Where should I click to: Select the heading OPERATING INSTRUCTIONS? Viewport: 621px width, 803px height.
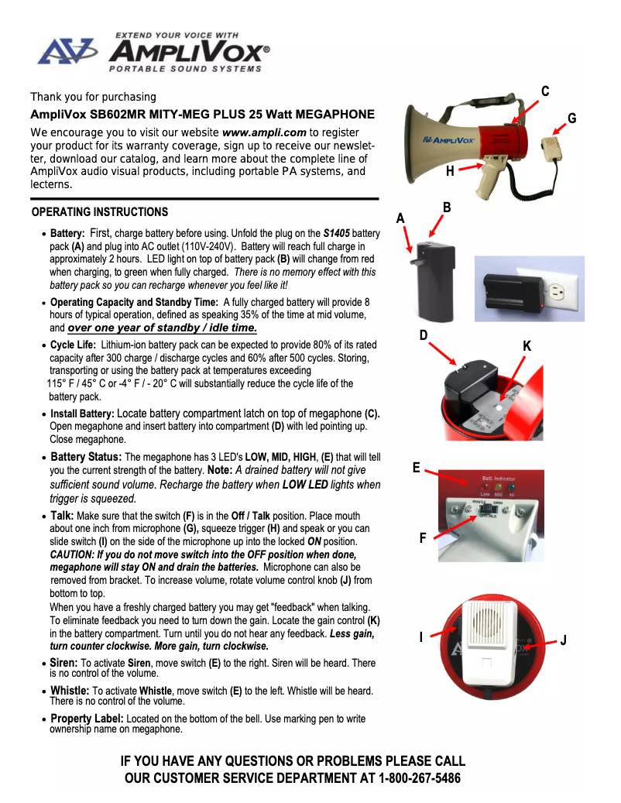point(100,212)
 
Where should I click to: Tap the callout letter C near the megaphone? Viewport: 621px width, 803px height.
point(545,91)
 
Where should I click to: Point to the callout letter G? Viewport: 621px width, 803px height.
point(571,118)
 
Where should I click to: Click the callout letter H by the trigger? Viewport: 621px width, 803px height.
point(450,172)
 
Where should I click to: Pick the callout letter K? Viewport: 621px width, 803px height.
point(527,346)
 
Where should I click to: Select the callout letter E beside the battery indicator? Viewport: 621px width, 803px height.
point(417,468)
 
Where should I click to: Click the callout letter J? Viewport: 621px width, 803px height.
point(564,640)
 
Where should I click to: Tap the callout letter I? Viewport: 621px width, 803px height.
point(420,637)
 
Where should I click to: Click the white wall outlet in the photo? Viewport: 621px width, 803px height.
point(545,290)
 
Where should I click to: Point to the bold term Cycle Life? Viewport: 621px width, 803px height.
point(74,345)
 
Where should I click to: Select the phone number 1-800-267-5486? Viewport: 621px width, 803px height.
point(420,777)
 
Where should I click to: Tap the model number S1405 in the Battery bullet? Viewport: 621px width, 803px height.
point(337,233)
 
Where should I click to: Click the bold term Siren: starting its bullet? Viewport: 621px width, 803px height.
point(63,663)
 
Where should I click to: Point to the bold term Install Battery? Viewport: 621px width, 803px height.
point(82,414)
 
